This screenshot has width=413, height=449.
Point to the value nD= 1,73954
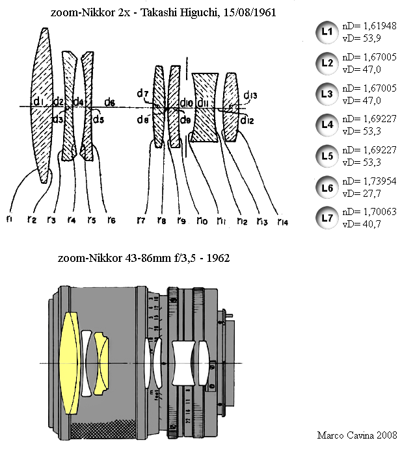[369, 181]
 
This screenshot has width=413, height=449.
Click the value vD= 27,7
[361, 193]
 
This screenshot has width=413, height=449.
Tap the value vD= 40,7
[361, 224]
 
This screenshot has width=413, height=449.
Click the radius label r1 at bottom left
[9, 218]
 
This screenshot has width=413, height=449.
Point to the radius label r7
[141, 220]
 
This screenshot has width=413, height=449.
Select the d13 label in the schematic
[251, 97]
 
